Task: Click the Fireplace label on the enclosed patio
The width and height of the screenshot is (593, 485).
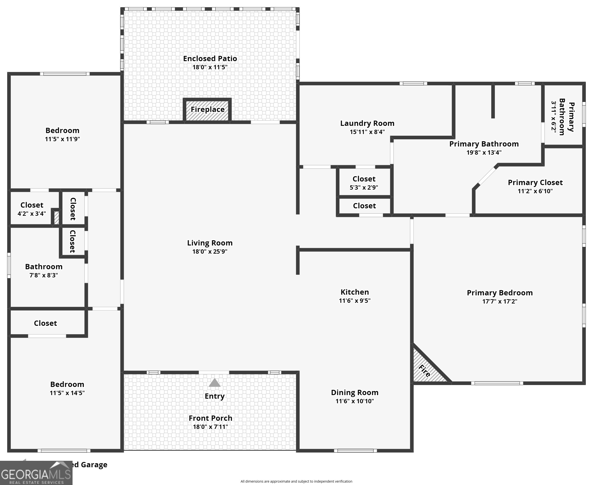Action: [208, 110]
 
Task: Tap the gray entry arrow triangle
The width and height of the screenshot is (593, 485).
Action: [215, 383]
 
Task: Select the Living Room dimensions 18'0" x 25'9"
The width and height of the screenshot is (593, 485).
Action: [210, 251]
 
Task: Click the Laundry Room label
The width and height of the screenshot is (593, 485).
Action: [367, 123]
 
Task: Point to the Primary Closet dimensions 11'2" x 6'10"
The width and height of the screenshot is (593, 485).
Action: [535, 191]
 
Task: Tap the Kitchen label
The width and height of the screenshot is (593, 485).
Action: [355, 292]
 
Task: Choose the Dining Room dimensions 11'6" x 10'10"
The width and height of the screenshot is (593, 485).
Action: [355, 401]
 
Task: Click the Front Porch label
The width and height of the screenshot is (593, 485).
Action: [210, 418]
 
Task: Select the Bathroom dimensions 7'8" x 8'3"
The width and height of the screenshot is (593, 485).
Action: [44, 275]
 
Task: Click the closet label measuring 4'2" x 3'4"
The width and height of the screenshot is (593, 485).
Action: [32, 205]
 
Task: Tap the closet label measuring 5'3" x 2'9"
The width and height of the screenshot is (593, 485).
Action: [364, 179]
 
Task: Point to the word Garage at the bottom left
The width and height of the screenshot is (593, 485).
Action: [94, 465]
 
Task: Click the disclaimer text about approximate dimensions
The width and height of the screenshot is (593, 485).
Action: [296, 481]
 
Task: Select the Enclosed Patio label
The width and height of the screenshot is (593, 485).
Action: [210, 58]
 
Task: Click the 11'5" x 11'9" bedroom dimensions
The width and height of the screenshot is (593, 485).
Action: [62, 139]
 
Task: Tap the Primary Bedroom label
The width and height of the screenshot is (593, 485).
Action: [500, 293]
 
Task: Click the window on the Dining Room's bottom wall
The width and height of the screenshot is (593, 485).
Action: [355, 451]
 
